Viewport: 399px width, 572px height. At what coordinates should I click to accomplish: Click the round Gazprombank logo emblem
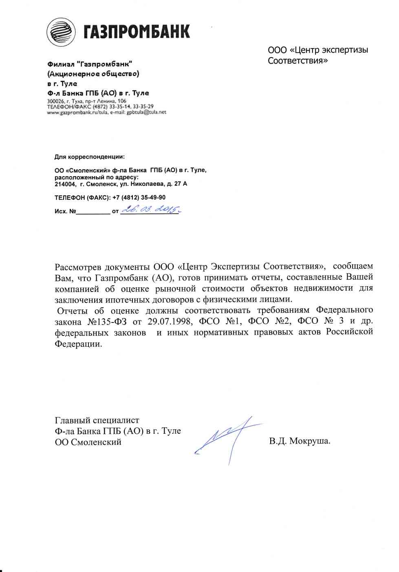pos(61,32)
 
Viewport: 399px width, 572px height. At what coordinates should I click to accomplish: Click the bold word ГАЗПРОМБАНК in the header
pos(137,32)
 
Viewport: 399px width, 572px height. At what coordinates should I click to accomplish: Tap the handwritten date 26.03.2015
pos(151,210)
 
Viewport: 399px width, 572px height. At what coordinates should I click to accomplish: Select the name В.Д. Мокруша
pos(300,441)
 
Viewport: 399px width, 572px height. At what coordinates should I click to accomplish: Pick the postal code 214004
pos(65,184)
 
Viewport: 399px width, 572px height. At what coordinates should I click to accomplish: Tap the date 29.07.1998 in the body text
pos(170,321)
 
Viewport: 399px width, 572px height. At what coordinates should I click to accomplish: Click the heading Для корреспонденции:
pos(90,157)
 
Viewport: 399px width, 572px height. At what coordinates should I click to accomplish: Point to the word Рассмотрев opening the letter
pos(78,267)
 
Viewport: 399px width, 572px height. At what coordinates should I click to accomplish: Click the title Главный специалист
pos(97,420)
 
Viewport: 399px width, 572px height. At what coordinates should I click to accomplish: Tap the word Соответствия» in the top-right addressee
pos(298,61)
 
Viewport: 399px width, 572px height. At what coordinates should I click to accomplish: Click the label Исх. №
pos(65,212)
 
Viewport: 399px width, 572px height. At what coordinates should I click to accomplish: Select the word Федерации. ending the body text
pos(78,344)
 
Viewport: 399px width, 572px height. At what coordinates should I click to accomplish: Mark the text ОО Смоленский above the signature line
pos(88,442)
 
